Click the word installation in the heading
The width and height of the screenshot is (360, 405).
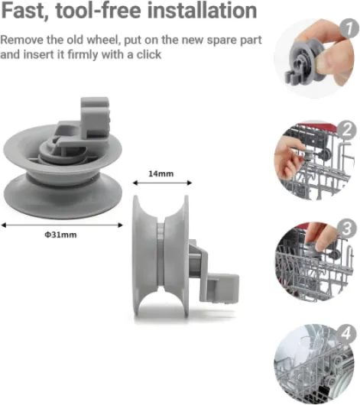[202, 11]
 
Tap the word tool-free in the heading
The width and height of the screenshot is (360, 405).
[98, 11]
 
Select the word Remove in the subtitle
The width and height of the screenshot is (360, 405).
[22, 40]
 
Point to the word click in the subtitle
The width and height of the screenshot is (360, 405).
[149, 54]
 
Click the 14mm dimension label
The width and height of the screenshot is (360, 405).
[161, 173]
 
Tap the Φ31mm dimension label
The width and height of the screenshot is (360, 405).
[60, 235]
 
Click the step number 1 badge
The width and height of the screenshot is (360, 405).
[349, 28]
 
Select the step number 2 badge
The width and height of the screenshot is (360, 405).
[347, 130]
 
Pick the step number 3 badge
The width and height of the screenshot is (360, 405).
[346, 228]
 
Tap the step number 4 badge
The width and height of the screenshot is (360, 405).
[346, 333]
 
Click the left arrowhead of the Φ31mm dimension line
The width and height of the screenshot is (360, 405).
[3, 225]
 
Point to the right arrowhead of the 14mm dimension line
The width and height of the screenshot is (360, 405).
[190, 183]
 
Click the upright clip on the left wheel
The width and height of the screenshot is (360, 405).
[95, 117]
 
